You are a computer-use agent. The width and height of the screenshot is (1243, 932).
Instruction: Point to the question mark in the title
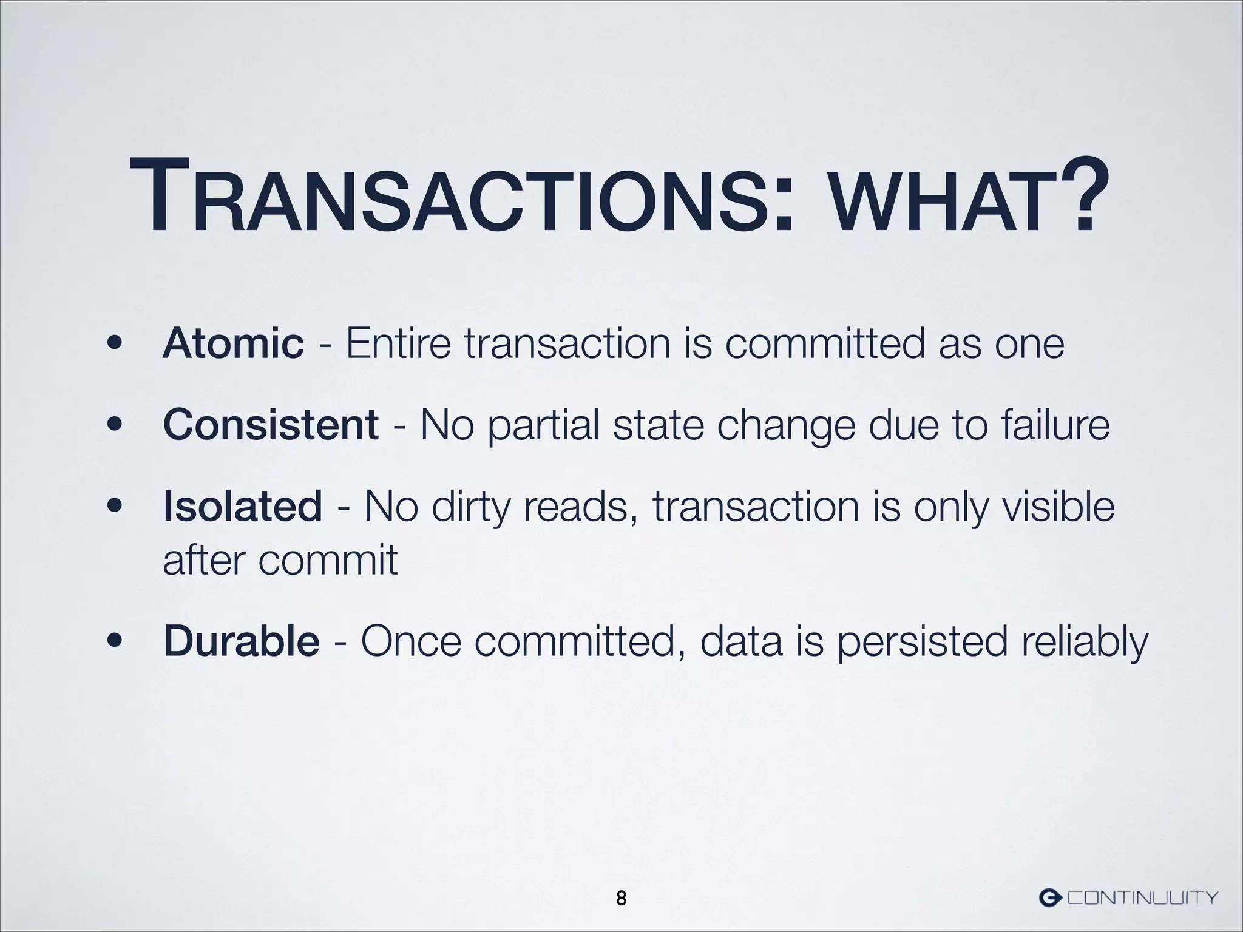(x=1078, y=194)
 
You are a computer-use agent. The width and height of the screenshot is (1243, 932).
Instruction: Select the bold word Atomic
(x=233, y=343)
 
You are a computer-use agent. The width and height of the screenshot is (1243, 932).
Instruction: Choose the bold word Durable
(x=241, y=641)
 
